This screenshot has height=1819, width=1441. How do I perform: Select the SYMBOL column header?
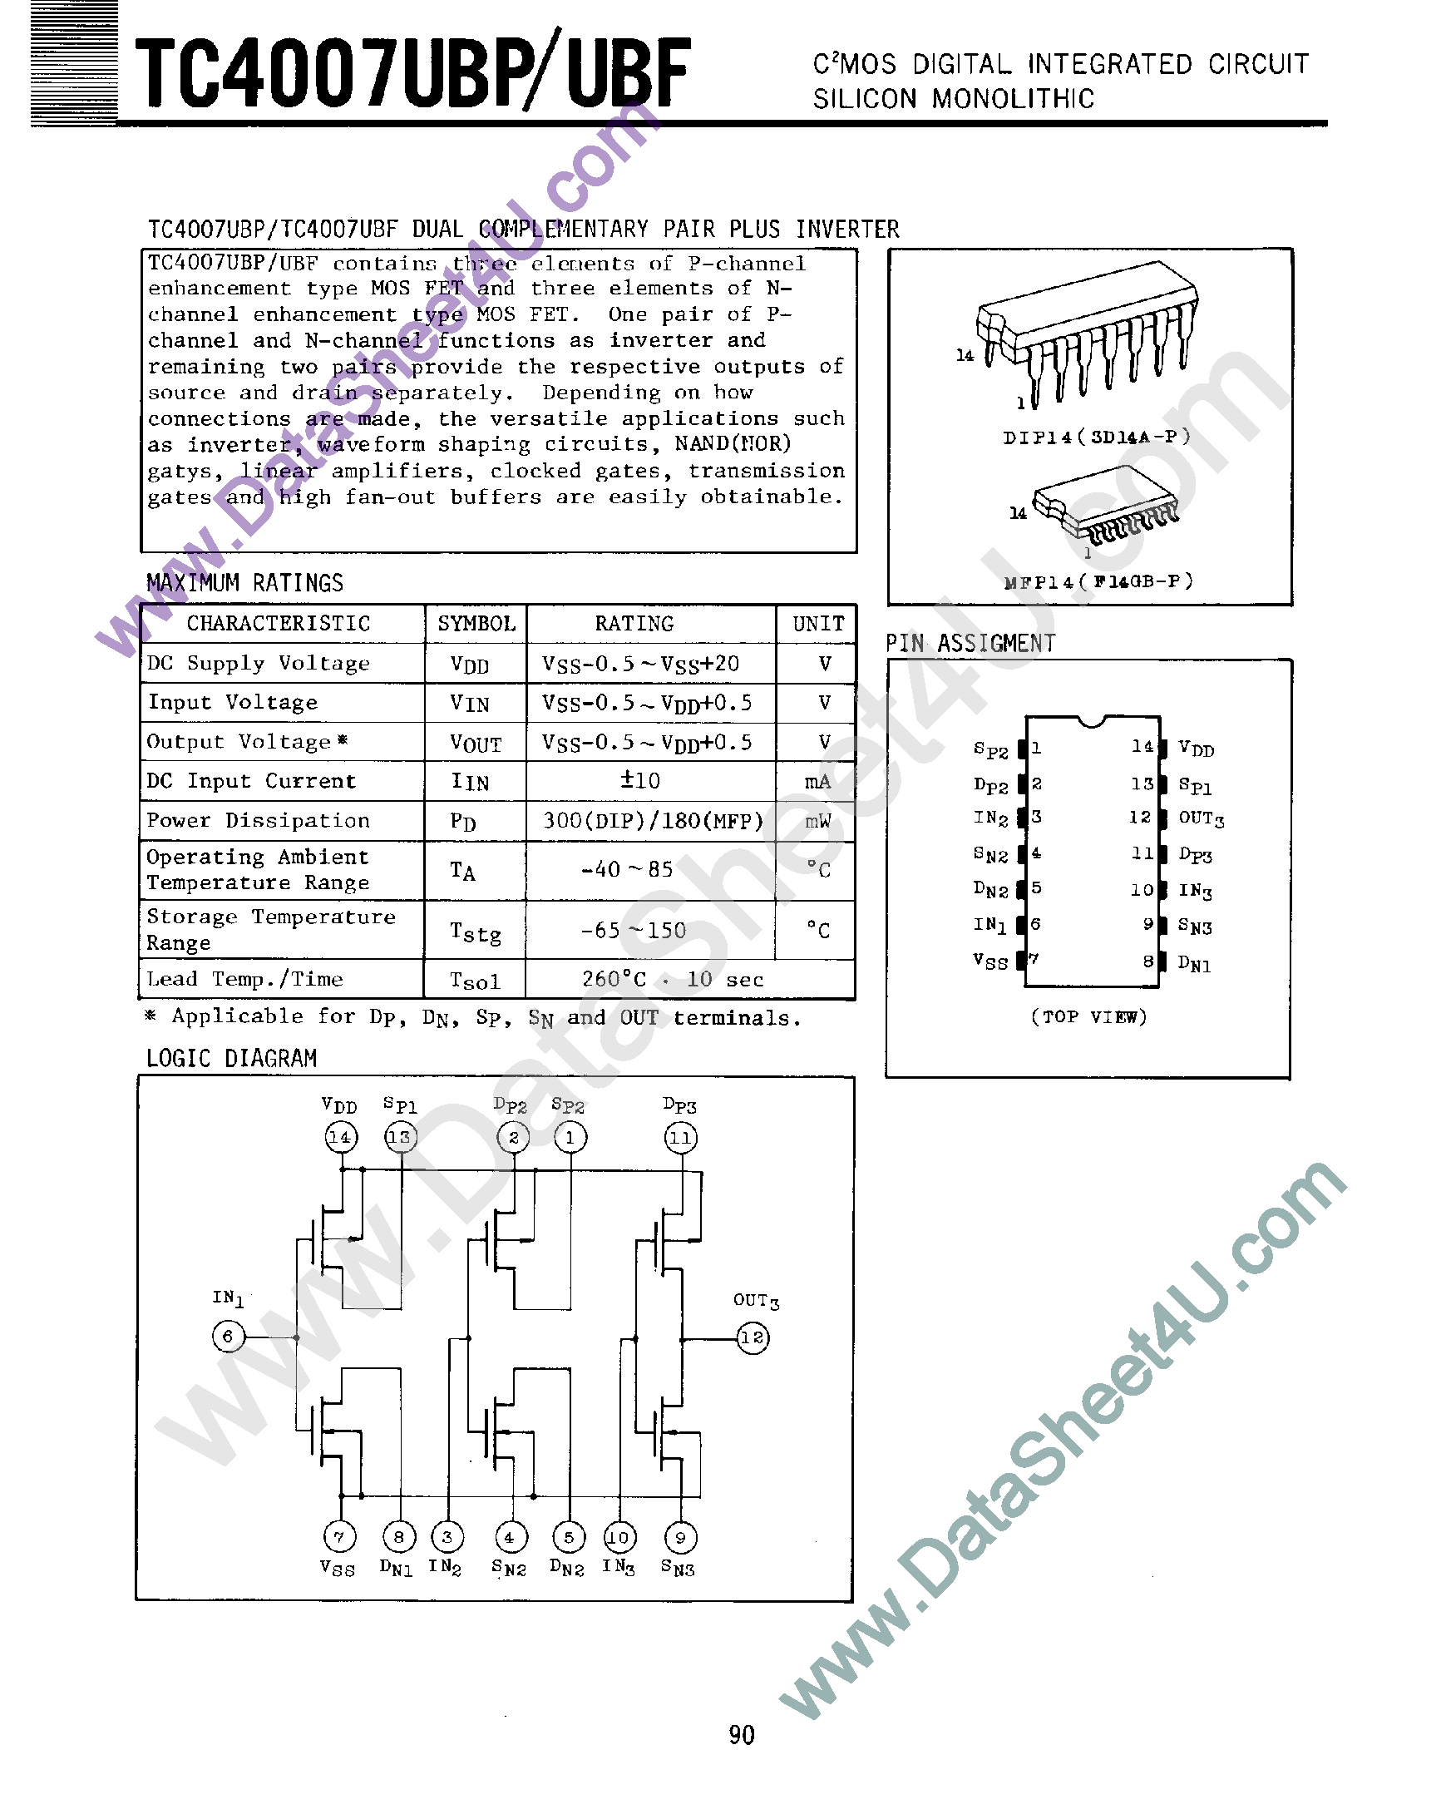(x=476, y=624)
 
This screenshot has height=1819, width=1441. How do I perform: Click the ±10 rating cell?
(x=640, y=780)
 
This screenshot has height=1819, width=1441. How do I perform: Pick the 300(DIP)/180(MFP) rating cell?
(x=652, y=820)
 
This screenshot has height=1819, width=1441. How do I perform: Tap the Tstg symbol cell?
(x=475, y=932)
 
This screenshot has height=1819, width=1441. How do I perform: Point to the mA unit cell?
(x=817, y=782)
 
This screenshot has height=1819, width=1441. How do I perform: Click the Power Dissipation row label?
(x=258, y=820)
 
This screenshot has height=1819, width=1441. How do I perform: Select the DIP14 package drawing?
(x=1088, y=339)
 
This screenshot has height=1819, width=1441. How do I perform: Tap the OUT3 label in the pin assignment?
(x=1201, y=818)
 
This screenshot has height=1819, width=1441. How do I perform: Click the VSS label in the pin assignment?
(x=989, y=961)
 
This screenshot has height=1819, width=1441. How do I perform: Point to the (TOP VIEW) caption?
(x=1088, y=1016)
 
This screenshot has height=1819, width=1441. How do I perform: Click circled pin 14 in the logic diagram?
(x=341, y=1137)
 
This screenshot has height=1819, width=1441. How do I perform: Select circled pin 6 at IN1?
(x=228, y=1337)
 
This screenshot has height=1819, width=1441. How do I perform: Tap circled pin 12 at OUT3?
(x=753, y=1337)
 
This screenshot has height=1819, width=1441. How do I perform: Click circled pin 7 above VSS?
(x=339, y=1537)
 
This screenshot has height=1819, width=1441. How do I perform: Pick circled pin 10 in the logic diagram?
(x=619, y=1537)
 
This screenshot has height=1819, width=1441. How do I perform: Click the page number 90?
(x=742, y=1735)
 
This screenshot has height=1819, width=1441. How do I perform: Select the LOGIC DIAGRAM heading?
(x=231, y=1058)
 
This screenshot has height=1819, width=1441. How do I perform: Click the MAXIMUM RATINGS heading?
(x=244, y=583)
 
